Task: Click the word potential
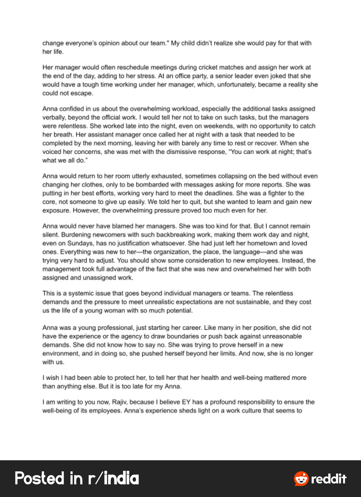coord(179,311)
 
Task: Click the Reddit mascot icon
coord(301,478)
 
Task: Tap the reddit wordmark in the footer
coord(329,478)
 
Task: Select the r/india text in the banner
coord(113,478)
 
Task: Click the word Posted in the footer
coord(39,478)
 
